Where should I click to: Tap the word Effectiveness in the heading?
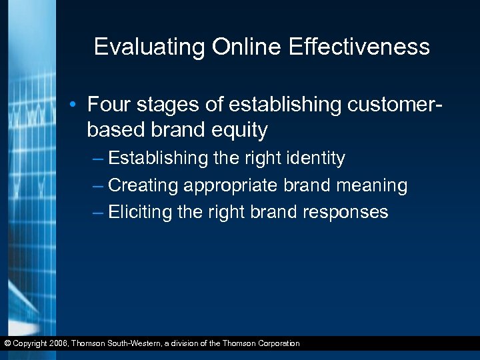pyautogui.click(x=358, y=47)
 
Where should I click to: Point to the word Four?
pyautogui.click(x=108, y=105)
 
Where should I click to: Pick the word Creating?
pyautogui.click(x=143, y=185)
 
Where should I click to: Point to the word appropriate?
pyautogui.click(x=231, y=186)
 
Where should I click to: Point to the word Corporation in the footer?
pyautogui.click(x=275, y=343)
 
